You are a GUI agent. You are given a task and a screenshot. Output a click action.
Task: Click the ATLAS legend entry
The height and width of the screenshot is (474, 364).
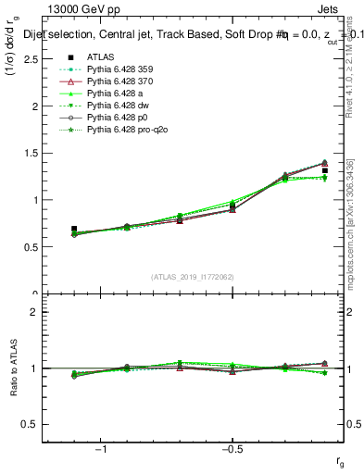pyautogui.click(x=99, y=56)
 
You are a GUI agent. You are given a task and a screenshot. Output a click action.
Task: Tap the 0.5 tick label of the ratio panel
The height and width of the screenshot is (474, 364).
pyautogui.click(x=31, y=425)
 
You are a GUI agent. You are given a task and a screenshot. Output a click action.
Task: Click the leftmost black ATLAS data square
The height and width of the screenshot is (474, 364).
pyautogui.click(x=74, y=229)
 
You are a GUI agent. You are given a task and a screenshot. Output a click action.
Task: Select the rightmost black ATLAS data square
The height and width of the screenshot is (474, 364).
pyautogui.click(x=325, y=170)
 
